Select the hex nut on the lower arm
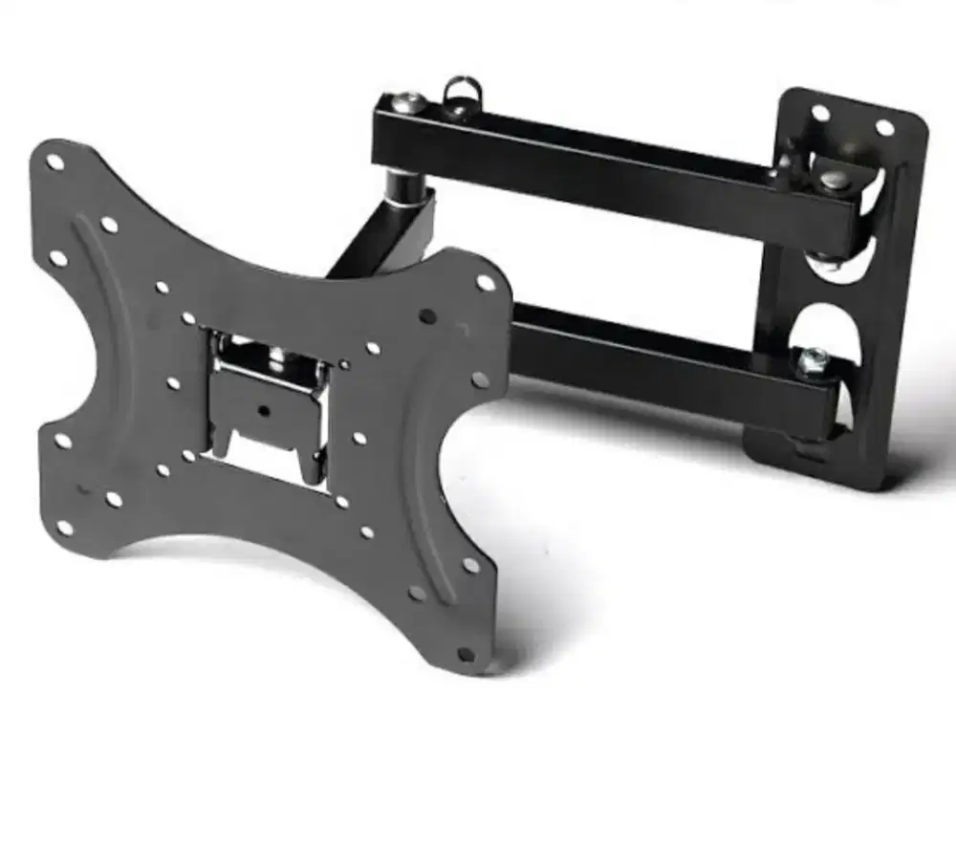click(815, 358)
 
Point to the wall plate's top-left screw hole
click(820, 112)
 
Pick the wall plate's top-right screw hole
click(884, 126)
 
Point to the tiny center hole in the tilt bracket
click(264, 409)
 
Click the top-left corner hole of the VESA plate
click(54, 162)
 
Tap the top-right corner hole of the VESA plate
click(486, 283)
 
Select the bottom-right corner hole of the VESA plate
click(466, 655)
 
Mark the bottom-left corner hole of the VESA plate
click(64, 527)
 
